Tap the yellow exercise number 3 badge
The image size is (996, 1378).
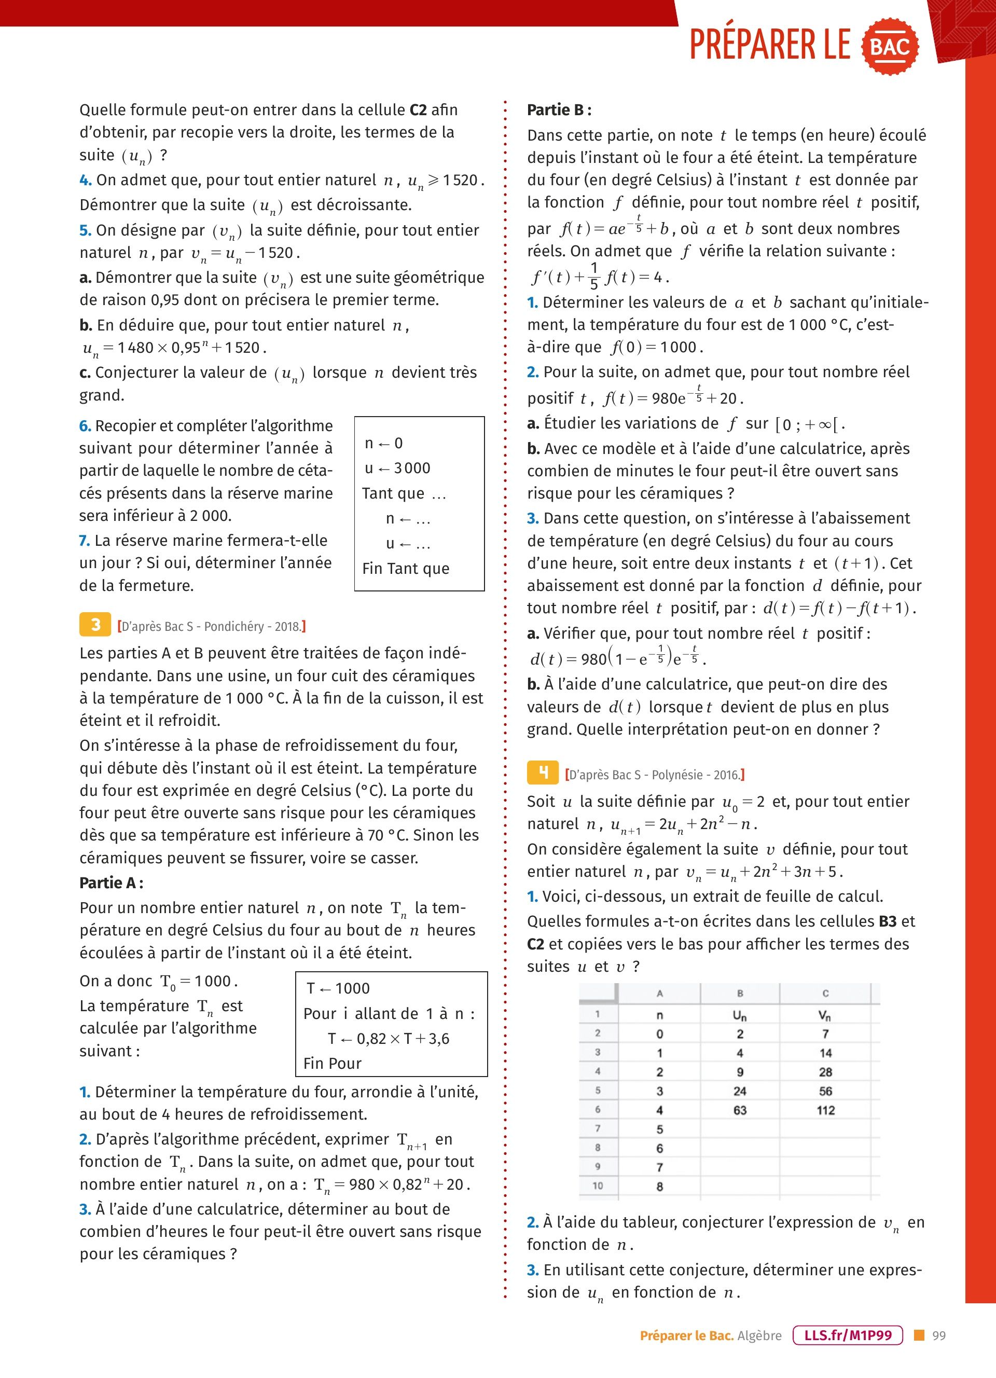tap(95, 625)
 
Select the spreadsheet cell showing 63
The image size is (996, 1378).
tap(739, 1110)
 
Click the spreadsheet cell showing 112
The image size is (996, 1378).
tap(825, 1110)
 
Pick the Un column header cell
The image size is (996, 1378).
tap(739, 1015)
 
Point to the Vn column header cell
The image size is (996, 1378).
tap(824, 1015)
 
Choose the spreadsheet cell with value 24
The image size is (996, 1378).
tap(739, 1091)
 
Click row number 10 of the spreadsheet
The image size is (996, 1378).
tap(598, 1186)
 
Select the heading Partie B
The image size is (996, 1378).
tap(559, 110)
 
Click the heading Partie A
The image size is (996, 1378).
tap(111, 883)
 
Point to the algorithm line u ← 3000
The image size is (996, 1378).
tap(397, 468)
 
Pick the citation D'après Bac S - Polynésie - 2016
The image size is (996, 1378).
tap(655, 775)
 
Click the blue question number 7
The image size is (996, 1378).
tap(85, 541)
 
